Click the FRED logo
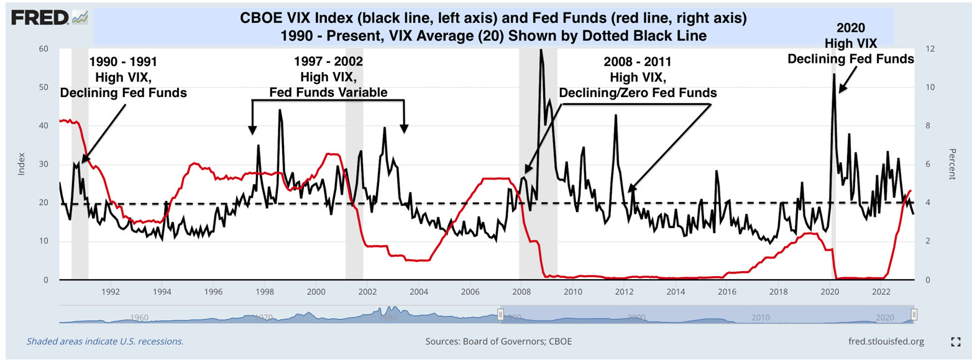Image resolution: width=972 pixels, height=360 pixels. point(41,18)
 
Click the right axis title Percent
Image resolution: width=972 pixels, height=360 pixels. point(951,164)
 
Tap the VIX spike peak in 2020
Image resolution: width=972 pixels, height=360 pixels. point(833,75)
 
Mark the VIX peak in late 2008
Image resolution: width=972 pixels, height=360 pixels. point(541,50)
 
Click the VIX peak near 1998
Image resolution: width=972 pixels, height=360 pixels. point(280,111)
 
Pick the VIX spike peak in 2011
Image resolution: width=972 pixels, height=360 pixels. point(616,116)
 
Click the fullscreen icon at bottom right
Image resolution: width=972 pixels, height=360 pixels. point(956,341)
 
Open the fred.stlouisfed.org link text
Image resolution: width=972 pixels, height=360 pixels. point(886,341)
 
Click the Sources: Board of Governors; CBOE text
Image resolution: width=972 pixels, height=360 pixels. point(498,341)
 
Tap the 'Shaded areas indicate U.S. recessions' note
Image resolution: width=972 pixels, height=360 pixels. point(104,341)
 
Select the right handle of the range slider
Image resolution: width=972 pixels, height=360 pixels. point(914,315)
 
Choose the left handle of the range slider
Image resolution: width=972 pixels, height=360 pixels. point(500,315)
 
